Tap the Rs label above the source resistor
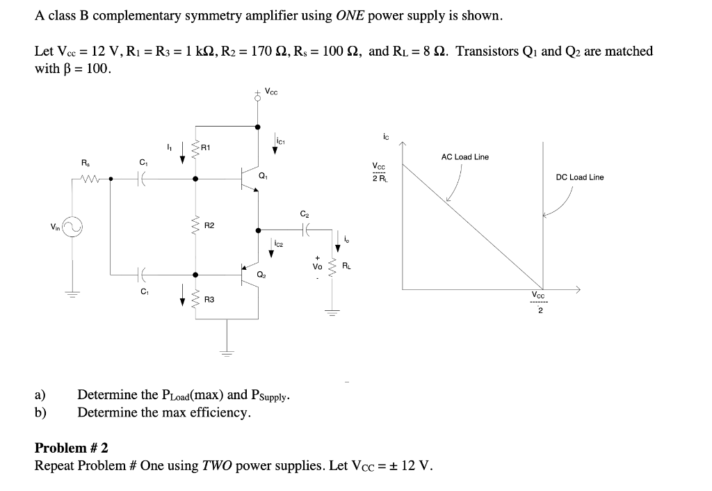85,163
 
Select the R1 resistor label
207,147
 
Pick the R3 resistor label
209,300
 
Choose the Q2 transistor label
262,275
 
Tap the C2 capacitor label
303,214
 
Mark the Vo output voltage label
318,266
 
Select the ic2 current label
278,244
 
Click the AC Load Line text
464,157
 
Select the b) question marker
40,412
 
